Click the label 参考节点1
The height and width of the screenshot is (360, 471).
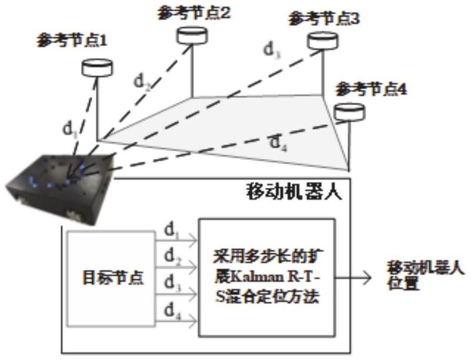71,41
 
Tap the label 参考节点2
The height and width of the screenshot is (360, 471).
194,13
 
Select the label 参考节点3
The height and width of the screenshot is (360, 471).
323,19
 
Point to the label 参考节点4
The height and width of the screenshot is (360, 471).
371,89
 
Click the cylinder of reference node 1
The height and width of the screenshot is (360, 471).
97,68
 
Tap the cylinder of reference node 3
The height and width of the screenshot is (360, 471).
323,41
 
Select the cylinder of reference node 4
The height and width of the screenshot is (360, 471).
350,112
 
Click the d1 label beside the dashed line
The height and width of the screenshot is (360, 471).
71,129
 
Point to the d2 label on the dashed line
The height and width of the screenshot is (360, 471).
142,82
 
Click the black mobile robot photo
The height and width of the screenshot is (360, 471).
60,189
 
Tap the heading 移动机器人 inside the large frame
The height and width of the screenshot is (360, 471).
294,191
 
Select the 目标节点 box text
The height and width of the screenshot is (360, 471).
113,278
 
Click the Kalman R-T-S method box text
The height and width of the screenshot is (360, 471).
267,276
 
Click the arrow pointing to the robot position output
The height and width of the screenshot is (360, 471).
353,277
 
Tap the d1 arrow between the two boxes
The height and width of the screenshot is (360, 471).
176,241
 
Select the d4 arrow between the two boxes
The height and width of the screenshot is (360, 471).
176,321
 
